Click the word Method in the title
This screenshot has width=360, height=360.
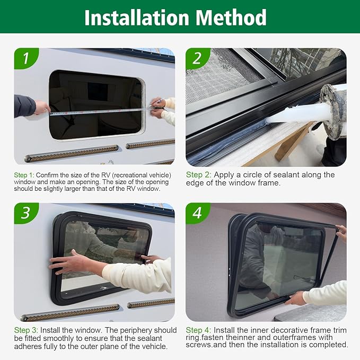point(232,17)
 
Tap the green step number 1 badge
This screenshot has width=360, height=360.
point(26,58)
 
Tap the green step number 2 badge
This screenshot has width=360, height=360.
point(197,58)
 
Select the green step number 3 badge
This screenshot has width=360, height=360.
point(26,212)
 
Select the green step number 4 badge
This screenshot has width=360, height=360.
point(197,212)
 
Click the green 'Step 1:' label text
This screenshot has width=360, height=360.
point(24,175)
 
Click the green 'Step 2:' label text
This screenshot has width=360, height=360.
point(199,174)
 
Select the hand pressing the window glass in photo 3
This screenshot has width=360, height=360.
point(66,262)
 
